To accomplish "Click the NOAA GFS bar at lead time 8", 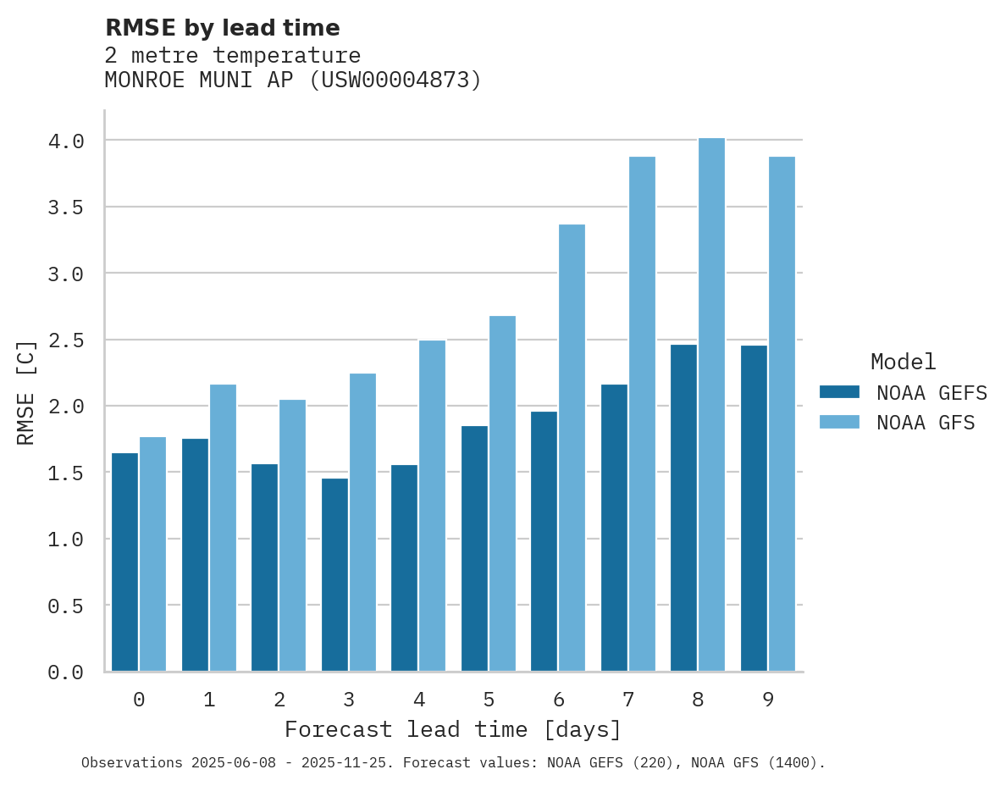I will (711, 404).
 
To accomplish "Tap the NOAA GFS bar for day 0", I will (153, 554).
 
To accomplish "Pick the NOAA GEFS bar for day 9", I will (754, 508).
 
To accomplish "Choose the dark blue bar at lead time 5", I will (474, 548).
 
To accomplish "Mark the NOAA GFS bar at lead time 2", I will (293, 535).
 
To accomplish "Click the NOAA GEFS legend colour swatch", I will (839, 392).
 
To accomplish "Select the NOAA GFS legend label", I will (926, 423).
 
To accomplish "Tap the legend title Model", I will (903, 362).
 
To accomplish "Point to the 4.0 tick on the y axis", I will (66, 141).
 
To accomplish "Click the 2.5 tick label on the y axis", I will (66, 340).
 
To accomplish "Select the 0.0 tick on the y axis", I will (66, 673).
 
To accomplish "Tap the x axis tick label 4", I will (419, 700).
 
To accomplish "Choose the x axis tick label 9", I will (768, 700).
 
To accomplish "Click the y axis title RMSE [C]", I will (26, 392).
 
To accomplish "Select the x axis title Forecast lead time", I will (453, 729).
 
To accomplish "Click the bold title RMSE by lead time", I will (222, 28).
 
